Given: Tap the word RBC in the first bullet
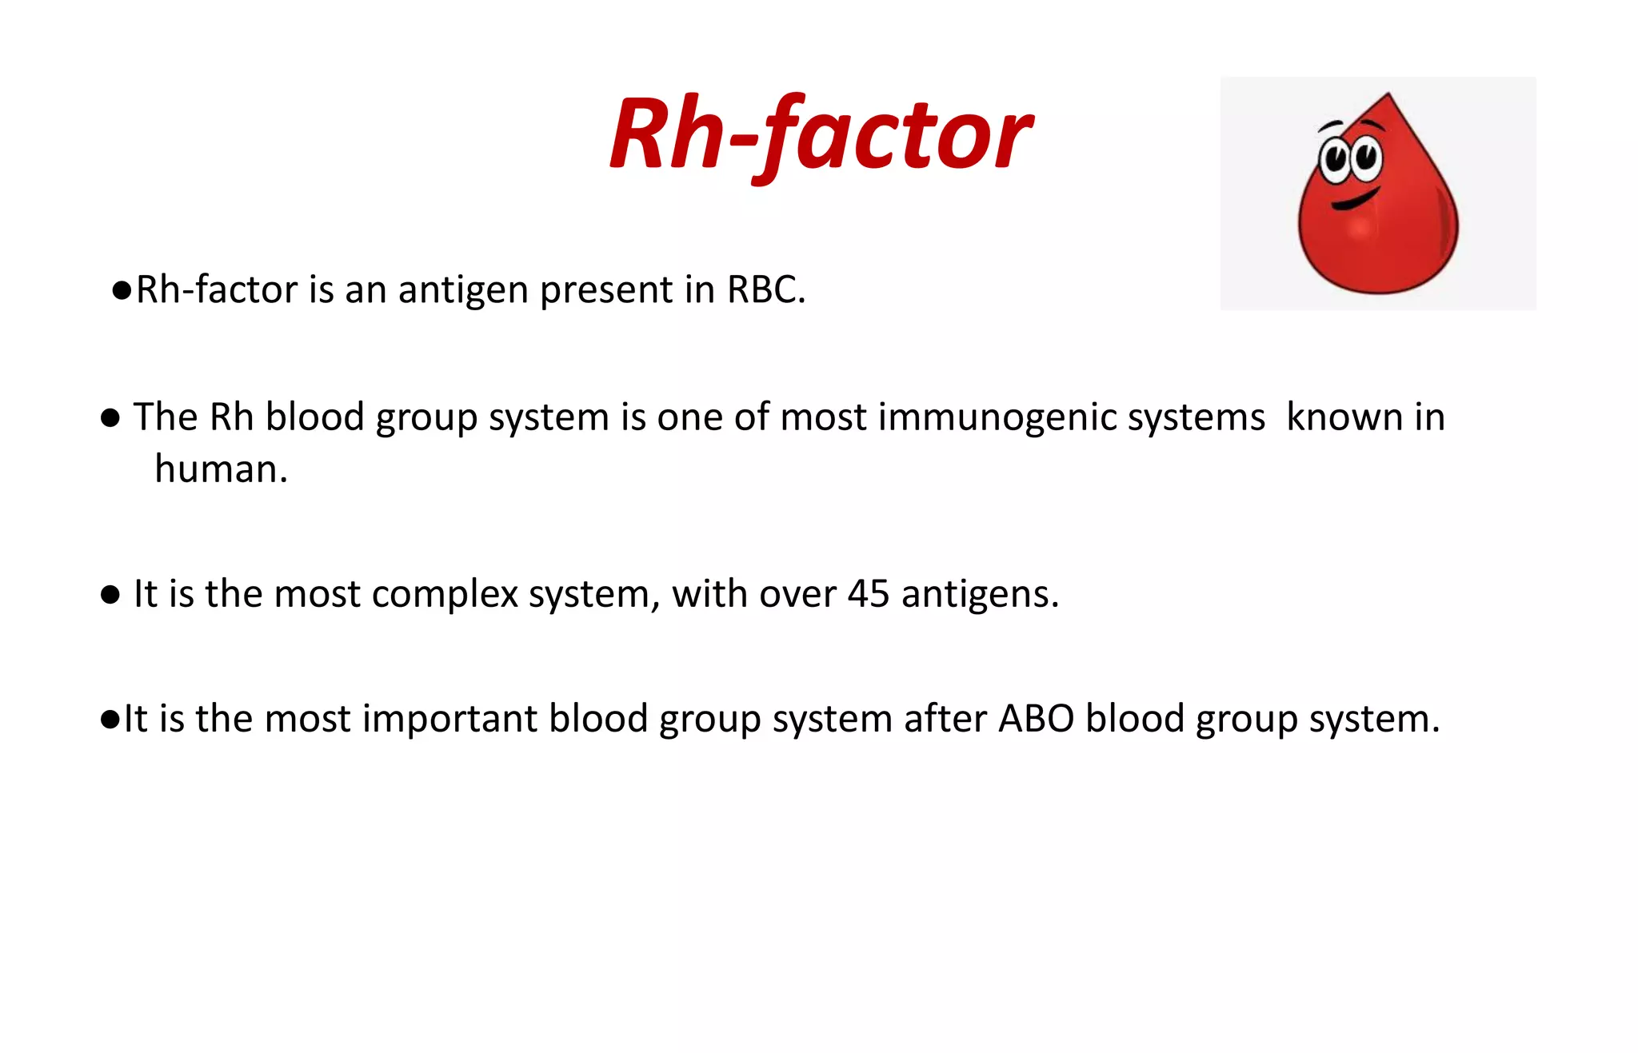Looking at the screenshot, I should click(764, 289).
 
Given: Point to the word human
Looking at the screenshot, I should click(220, 469).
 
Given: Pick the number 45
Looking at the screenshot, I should click(868, 594).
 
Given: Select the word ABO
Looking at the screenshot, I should click(1036, 718).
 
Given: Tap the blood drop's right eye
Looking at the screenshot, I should click(1366, 156).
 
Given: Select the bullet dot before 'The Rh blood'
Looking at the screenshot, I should click(110, 418).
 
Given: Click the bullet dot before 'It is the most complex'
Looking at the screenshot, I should click(110, 595).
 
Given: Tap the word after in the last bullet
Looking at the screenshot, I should click(945, 718).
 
